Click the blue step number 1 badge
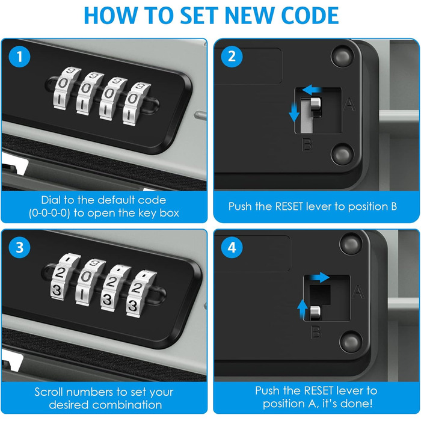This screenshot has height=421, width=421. pos(19,57)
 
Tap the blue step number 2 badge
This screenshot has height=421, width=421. pos(232,57)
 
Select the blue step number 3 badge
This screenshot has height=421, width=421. pos(19,247)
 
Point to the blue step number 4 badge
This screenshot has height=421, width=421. pos(232,247)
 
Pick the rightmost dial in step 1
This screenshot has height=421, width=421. pos(137,104)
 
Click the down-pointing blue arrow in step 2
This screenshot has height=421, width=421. pos(294,113)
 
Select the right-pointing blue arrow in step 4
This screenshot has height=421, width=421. pos(319,278)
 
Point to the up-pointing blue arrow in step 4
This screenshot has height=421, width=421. pos(303,309)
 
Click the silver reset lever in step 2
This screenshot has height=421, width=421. pos(316,105)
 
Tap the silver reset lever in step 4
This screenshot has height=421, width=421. pos(315,313)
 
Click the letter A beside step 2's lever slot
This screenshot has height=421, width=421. pos(349,105)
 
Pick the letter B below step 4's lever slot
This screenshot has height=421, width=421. pos(316,332)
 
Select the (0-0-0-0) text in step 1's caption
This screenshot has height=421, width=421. pos(49,214)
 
